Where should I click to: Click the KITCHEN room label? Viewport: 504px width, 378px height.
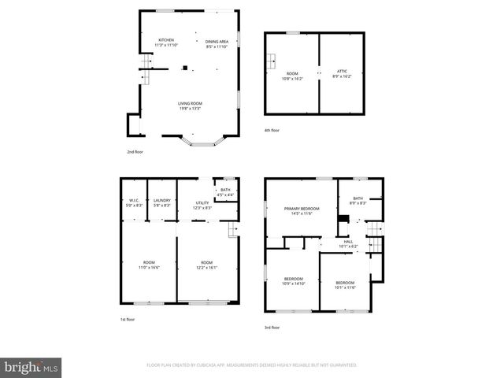[166, 40]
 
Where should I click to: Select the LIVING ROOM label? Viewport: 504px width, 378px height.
[190, 103]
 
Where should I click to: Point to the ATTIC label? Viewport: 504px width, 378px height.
[342, 72]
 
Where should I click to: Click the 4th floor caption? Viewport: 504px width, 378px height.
[272, 130]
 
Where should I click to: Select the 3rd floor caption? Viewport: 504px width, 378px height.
[272, 328]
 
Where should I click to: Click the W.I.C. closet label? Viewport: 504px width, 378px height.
[134, 200]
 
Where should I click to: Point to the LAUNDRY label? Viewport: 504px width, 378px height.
[162, 200]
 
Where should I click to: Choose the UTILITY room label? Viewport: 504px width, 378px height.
[202, 203]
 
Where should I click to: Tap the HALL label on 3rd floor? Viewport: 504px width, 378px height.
[348, 242]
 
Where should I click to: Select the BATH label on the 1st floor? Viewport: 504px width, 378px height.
[225, 190]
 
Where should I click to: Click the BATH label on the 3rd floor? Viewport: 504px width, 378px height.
[358, 198]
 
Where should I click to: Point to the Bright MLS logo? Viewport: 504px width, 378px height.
[31, 367]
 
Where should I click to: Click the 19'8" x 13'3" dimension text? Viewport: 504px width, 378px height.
[190, 108]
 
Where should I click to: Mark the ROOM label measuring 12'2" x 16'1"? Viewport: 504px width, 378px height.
[206, 262]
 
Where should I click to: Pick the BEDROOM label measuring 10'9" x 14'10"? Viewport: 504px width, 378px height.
[294, 279]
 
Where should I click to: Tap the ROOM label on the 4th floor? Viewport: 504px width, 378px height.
[292, 72]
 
